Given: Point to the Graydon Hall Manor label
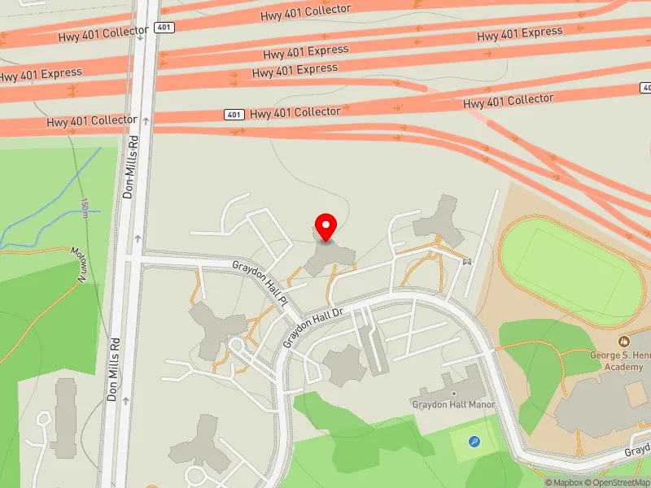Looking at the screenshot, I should pyautogui.click(x=453, y=404).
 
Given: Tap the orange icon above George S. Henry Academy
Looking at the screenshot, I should pyautogui.click(x=623, y=342).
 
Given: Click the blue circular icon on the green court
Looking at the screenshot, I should pyautogui.click(x=474, y=442).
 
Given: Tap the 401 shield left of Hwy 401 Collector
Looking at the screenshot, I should pyautogui.click(x=234, y=115).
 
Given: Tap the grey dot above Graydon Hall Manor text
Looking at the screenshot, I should pyautogui.click(x=454, y=394).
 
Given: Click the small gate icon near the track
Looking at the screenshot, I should pyautogui.click(x=466, y=261).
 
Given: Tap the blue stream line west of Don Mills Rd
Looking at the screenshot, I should pyautogui.click(x=49, y=203).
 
